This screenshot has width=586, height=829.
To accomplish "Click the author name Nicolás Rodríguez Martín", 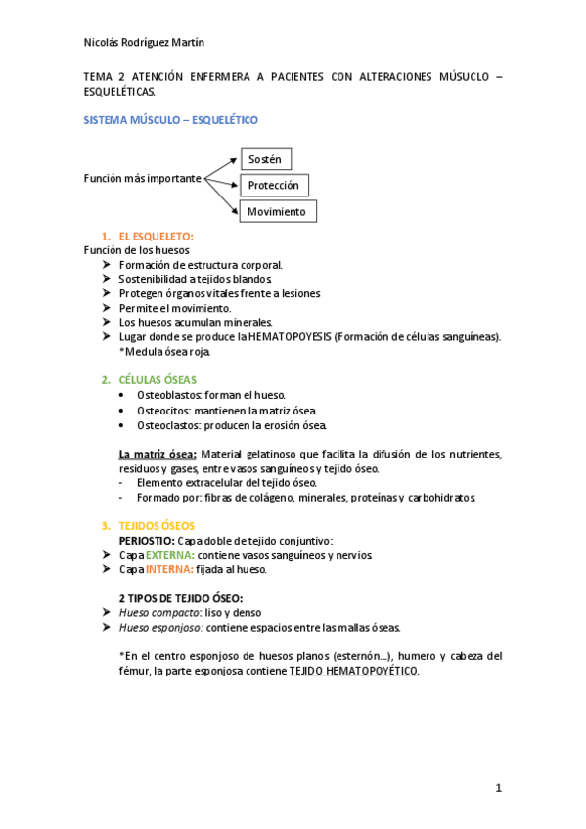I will point(145,42).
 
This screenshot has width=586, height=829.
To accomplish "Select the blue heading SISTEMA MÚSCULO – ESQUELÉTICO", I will point(171,119).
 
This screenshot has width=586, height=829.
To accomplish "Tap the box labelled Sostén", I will point(265,159).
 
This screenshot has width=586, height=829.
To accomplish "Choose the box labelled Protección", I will point(274,185).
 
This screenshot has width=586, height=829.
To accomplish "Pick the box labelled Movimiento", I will point(277,211).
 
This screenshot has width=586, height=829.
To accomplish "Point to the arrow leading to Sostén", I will point(222,166).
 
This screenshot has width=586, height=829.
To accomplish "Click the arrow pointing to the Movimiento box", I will point(222,195).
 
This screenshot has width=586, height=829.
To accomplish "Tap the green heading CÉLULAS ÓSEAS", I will point(157,379).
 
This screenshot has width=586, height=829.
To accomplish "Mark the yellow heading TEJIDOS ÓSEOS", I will point(157,525).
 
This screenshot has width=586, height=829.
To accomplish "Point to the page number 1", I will point(498,788).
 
